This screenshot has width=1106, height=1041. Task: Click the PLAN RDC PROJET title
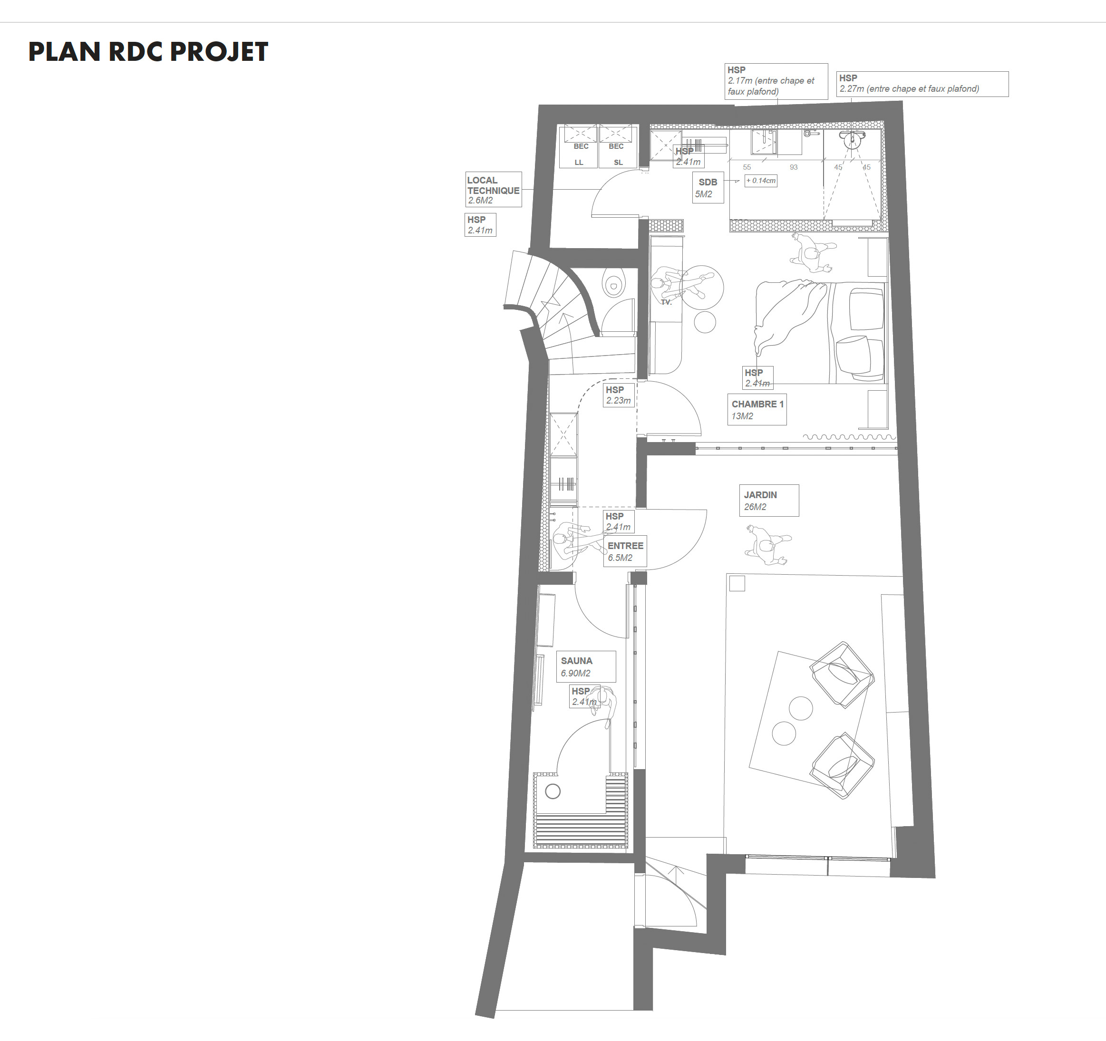pos(148,52)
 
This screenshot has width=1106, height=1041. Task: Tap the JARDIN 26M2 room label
pos(769,501)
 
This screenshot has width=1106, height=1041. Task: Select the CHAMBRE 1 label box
pos(757,410)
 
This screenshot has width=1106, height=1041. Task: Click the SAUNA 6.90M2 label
pos(586,666)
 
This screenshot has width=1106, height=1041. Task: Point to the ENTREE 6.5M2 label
pos(625,551)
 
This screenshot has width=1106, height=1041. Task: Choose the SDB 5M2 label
pos(708,187)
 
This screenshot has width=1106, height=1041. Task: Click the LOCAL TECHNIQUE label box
pos(494,190)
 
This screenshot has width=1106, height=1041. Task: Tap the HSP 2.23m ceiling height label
pos(619,395)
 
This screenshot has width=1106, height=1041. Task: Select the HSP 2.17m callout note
pos(776,81)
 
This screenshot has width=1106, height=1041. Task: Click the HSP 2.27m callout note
pos(922,83)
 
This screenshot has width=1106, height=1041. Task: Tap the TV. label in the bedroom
pos(667,302)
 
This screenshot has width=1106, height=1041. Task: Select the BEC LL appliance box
pos(579,146)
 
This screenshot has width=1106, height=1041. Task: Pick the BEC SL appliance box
pos(616,146)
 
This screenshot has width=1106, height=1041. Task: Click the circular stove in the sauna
pos(553,791)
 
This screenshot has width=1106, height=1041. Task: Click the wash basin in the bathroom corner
pos(851,138)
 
